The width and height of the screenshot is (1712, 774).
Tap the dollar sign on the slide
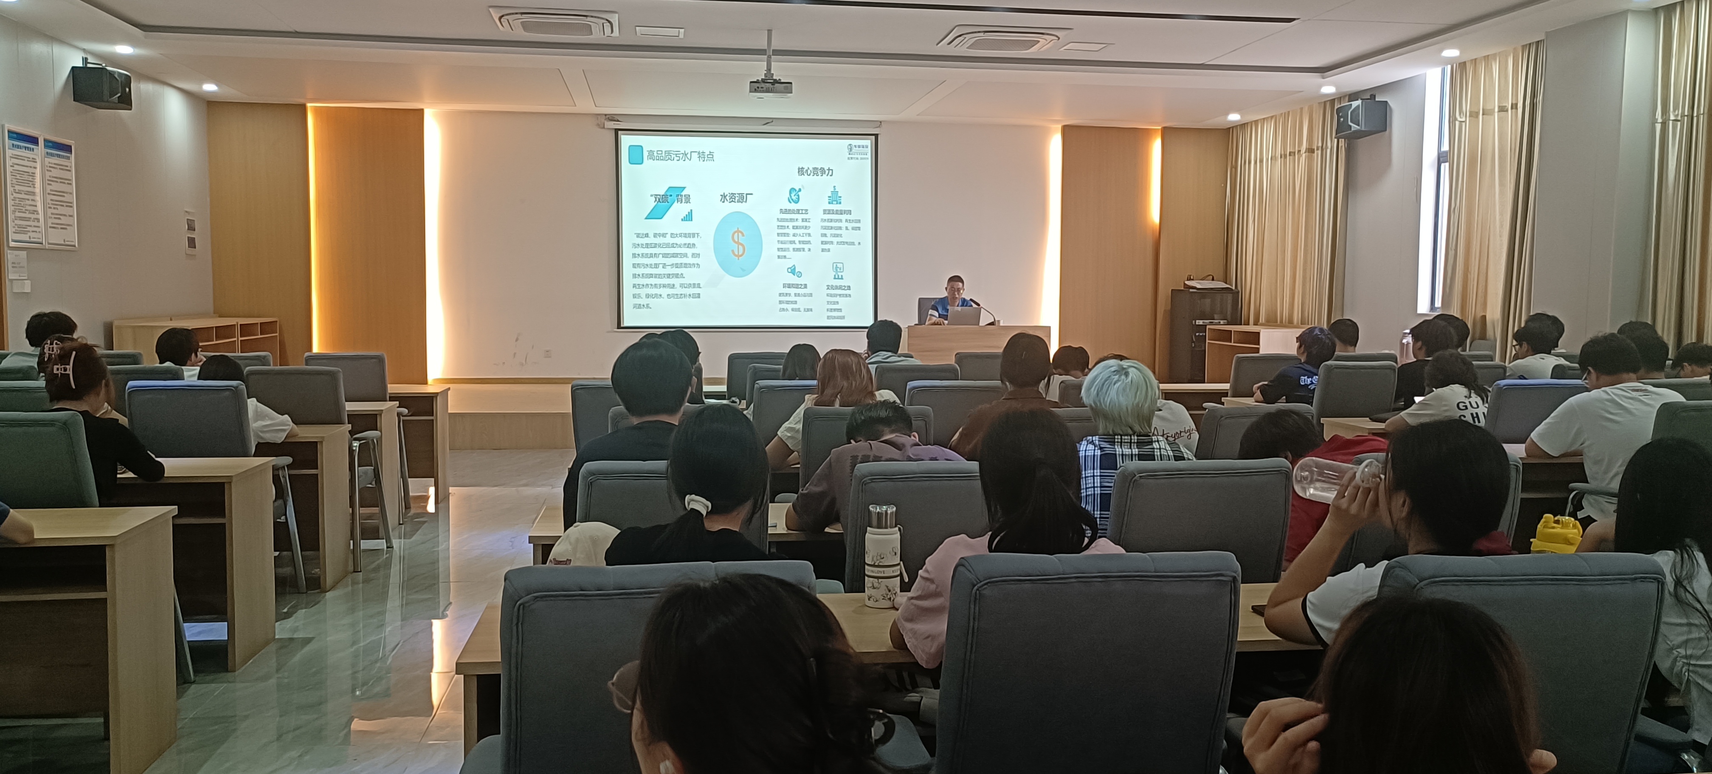[738, 244]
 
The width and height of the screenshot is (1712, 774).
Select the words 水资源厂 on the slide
[736, 198]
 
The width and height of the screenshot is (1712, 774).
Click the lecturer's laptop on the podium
[964, 316]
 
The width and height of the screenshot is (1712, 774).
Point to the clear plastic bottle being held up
[1336, 477]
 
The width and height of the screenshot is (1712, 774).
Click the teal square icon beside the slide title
[635, 155]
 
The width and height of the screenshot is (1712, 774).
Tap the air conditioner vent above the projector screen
[554, 21]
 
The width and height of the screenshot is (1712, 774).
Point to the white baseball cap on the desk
[582, 542]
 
